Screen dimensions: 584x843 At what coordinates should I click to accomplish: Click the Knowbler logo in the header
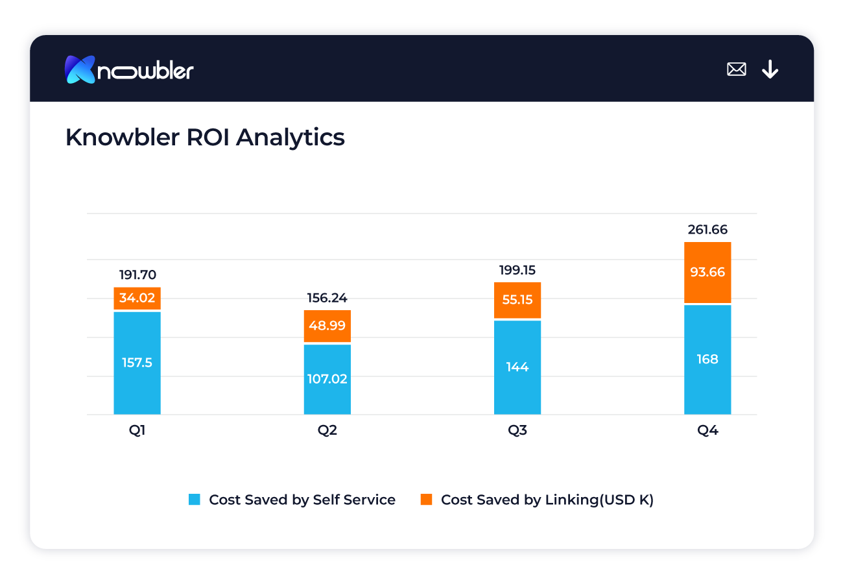click(129, 69)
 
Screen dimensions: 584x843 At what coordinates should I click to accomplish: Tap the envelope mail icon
click(737, 69)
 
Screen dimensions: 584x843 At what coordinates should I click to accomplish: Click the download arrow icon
click(770, 69)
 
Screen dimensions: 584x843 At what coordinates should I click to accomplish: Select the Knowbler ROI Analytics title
click(205, 138)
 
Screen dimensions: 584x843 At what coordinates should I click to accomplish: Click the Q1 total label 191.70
click(137, 275)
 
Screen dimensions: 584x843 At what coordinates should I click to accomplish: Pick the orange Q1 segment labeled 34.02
click(137, 298)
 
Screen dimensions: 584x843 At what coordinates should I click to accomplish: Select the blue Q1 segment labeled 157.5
click(137, 363)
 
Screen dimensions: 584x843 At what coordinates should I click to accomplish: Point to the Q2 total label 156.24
click(327, 298)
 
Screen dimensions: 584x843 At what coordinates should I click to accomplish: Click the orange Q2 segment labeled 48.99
click(327, 326)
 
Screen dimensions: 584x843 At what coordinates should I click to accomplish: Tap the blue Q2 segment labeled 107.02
click(327, 379)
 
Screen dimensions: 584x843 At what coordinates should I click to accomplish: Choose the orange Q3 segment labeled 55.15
click(517, 300)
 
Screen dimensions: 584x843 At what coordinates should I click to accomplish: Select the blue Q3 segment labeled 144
click(517, 367)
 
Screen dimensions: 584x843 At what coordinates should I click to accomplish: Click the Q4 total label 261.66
click(707, 230)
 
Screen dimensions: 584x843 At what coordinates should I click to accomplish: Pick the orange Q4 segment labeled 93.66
click(707, 273)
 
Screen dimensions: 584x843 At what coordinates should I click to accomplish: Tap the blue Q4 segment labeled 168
click(707, 359)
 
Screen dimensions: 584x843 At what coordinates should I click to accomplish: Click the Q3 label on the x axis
click(517, 431)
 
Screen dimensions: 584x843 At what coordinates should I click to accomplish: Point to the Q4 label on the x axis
click(707, 431)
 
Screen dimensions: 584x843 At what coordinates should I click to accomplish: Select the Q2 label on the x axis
click(327, 431)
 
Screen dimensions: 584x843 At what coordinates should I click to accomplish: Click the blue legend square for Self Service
click(195, 500)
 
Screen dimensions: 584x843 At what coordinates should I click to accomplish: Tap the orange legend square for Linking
click(426, 500)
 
